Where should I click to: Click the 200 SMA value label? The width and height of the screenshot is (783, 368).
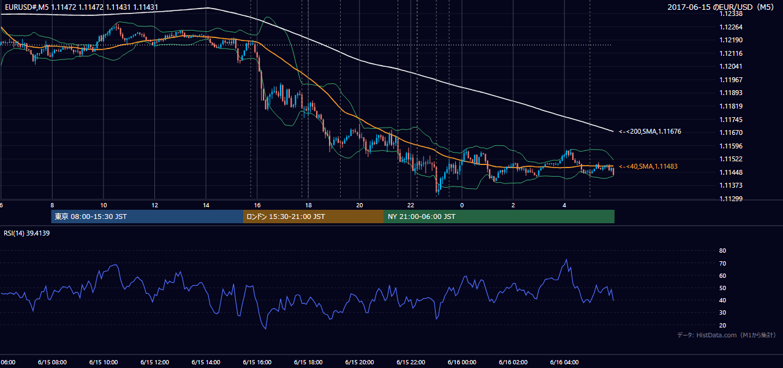pyautogui.click(x=650, y=131)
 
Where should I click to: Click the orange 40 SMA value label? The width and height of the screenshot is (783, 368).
pyautogui.click(x=648, y=166)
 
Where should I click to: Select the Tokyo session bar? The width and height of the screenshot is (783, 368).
pyautogui.click(x=147, y=217)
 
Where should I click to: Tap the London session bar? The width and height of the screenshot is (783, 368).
pyautogui.click(x=314, y=217)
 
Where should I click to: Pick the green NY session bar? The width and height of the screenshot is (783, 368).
pyautogui.click(x=499, y=217)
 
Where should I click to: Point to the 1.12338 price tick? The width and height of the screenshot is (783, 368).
pyautogui.click(x=731, y=14)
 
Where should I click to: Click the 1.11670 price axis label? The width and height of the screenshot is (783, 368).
pyautogui.click(x=731, y=132)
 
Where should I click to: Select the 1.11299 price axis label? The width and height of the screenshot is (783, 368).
pyautogui.click(x=731, y=199)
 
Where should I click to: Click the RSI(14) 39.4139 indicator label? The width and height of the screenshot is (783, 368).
pyautogui.click(x=26, y=233)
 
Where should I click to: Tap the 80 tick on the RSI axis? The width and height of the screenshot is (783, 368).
pyautogui.click(x=722, y=250)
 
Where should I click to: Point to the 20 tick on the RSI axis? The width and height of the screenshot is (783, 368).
pyautogui.click(x=722, y=325)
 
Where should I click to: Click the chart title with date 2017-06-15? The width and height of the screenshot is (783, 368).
pyautogui.click(x=721, y=7)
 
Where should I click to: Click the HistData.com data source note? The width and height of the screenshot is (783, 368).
pyautogui.click(x=727, y=335)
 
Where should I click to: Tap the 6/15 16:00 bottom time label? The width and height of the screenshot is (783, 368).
pyautogui.click(x=257, y=362)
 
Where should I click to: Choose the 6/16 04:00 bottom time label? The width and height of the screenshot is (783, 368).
pyautogui.click(x=564, y=362)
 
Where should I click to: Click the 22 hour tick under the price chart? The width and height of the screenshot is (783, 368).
pyautogui.click(x=410, y=205)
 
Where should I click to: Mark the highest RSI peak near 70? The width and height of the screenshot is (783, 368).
pyautogui.click(x=566, y=259)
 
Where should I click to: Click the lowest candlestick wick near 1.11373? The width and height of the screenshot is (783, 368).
pyautogui.click(x=438, y=193)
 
